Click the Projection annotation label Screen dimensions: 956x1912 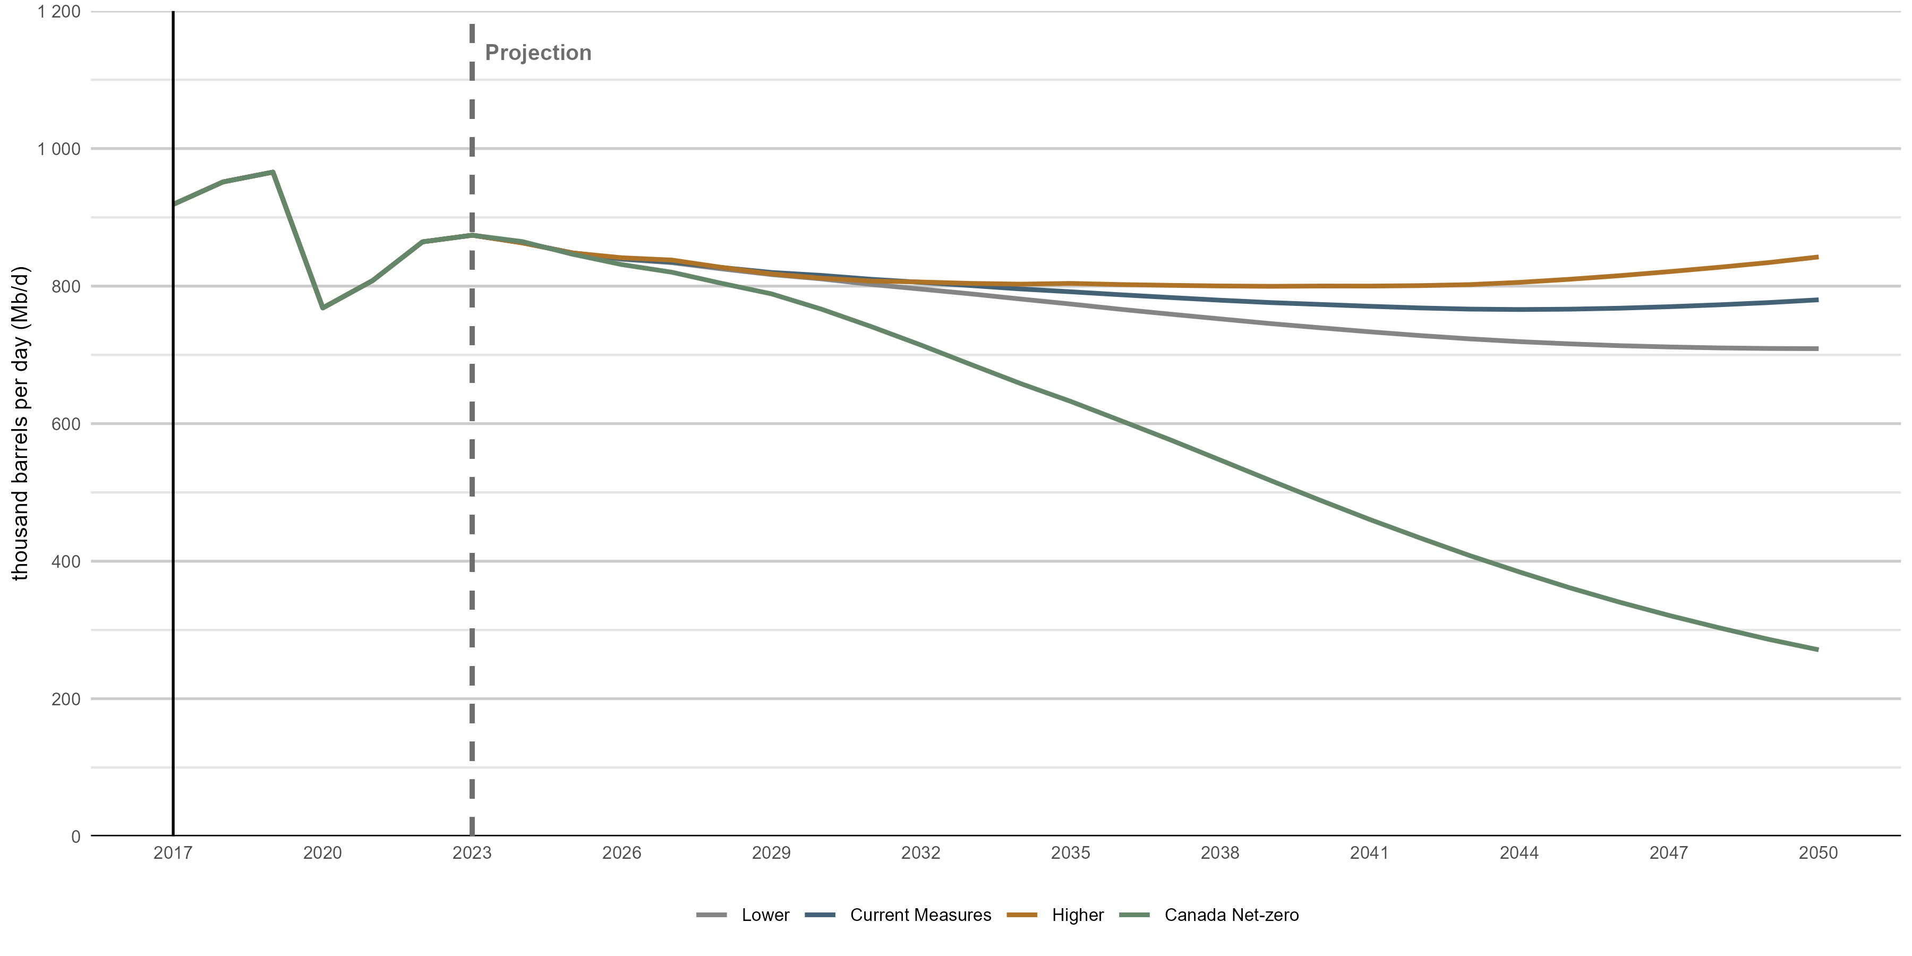pos(538,53)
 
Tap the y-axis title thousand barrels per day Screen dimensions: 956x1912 pos(20,423)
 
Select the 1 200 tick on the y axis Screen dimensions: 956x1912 pos(59,12)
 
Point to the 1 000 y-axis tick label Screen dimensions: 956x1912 pos(59,149)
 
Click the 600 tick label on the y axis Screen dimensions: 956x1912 pos(65,424)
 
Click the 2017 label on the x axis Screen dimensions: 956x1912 pos(173,853)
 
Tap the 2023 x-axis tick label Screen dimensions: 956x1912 pos(472,853)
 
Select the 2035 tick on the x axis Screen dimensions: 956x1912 pos(1070,853)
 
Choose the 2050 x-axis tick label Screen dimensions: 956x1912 pos(1818,853)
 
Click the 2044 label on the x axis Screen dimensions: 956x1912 pos(1518,853)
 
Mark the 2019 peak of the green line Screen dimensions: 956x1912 pos(273,172)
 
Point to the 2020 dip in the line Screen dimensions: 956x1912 pos(323,308)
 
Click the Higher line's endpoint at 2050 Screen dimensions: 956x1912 pos(1817,257)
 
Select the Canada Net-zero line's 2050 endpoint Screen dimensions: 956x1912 pos(1817,650)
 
